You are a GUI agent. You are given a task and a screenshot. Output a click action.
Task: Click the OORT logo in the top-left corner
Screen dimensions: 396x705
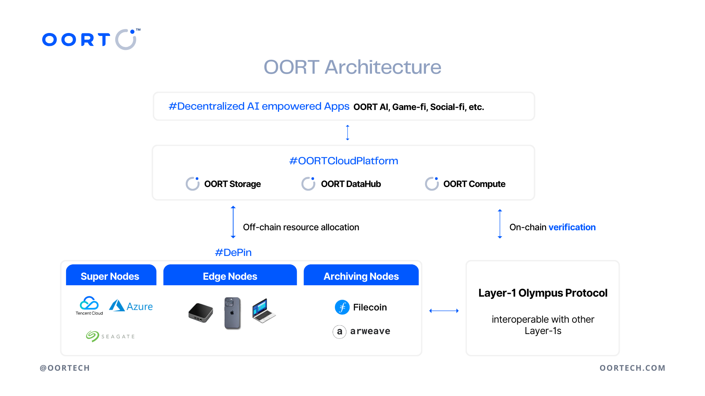91,39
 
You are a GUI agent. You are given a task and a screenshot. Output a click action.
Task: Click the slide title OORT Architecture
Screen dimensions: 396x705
352,67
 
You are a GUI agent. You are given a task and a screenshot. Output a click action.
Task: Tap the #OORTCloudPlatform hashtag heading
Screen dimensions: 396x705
343,161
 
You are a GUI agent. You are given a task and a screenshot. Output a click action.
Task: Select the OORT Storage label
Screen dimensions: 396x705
232,184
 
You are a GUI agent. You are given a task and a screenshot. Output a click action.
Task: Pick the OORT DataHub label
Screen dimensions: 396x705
351,184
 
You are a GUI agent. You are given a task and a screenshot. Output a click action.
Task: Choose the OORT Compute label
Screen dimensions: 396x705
474,184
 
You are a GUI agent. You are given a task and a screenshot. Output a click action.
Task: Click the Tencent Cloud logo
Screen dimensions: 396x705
89,305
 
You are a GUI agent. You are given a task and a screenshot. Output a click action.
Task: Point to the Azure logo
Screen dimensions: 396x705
131,306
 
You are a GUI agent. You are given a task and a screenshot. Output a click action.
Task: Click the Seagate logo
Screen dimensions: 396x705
110,336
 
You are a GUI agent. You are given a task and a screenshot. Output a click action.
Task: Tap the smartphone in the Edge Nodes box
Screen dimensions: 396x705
232,313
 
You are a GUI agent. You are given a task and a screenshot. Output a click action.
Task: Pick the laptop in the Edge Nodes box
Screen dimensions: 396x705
264,311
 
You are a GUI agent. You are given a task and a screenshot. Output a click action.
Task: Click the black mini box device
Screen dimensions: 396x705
200,313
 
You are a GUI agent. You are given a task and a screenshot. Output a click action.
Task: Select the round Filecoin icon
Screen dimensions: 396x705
342,307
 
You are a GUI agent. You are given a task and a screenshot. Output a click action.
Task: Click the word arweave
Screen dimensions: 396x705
370,331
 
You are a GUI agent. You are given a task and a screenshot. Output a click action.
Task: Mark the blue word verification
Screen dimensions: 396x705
572,227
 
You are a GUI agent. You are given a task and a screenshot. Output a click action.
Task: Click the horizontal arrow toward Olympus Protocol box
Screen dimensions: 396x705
444,311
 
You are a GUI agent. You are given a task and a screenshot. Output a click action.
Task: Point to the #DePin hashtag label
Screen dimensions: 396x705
233,253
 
